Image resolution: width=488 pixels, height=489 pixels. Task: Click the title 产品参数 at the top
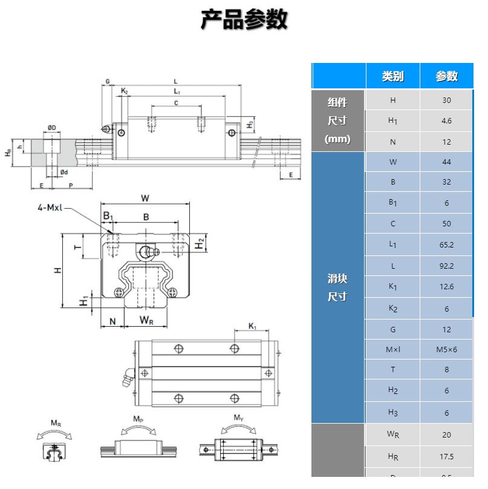click(244, 20)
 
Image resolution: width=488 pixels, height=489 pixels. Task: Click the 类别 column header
click(392, 76)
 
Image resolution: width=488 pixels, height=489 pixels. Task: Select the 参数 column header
click(446, 76)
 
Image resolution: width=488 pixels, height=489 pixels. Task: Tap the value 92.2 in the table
click(446, 266)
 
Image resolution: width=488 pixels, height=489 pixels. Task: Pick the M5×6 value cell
click(446, 349)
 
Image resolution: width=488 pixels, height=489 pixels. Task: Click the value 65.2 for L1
click(446, 245)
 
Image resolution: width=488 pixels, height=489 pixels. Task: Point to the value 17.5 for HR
click(446, 457)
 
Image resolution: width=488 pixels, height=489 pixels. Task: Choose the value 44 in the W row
click(446, 162)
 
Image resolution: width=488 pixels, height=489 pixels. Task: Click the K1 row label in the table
click(392, 287)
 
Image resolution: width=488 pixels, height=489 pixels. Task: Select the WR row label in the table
click(392, 435)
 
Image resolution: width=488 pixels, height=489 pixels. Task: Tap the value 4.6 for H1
click(446, 121)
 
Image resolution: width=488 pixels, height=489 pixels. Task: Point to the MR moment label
click(55, 424)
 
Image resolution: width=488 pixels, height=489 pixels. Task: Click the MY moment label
click(238, 418)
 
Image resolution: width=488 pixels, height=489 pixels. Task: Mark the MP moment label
click(138, 419)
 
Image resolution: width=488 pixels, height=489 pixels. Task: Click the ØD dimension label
click(52, 128)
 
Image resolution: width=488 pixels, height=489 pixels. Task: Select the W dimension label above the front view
click(145, 198)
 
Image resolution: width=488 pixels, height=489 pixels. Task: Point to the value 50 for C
click(446, 224)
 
